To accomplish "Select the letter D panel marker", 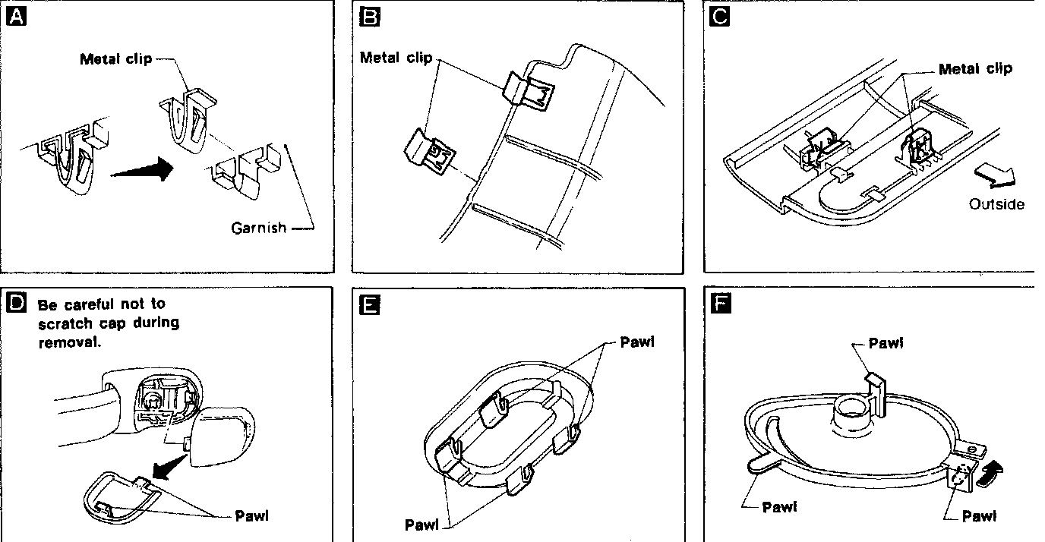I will [x=16, y=303].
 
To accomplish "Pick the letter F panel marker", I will [x=718, y=305].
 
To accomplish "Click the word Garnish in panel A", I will [x=259, y=227].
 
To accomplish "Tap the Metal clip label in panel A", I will [x=115, y=59].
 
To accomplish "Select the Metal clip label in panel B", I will [x=396, y=58].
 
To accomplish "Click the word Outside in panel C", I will [x=996, y=204].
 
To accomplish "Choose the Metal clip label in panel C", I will [x=975, y=69].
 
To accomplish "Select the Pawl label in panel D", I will [x=252, y=516].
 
